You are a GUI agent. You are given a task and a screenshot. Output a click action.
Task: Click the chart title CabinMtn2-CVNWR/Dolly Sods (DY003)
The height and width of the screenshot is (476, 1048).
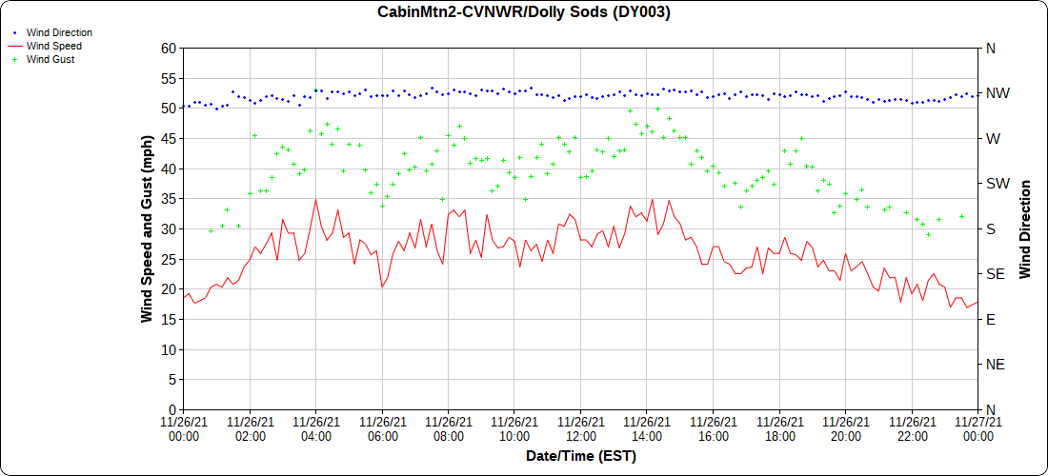tap(523, 12)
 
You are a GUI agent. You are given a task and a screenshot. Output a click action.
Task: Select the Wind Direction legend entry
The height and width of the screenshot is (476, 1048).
tap(59, 32)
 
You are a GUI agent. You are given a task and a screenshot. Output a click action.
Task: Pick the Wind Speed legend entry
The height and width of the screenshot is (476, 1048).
tap(53, 46)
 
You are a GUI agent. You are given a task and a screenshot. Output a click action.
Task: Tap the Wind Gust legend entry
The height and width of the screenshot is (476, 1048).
tap(50, 59)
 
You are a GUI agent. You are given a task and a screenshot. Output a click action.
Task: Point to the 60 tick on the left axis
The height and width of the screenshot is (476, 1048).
tap(169, 49)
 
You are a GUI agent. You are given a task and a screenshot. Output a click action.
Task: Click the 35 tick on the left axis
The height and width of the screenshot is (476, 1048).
tap(169, 199)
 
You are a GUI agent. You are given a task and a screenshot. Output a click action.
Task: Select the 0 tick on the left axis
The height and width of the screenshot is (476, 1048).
tap(172, 409)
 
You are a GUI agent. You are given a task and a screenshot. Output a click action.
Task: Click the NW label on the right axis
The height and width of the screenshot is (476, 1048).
tap(998, 93)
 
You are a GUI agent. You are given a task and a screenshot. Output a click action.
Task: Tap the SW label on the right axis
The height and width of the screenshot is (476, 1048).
tap(998, 184)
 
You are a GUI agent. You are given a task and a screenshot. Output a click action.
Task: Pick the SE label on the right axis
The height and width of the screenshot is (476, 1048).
tap(996, 274)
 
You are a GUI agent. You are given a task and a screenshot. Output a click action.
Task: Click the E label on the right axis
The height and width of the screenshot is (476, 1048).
tap(991, 319)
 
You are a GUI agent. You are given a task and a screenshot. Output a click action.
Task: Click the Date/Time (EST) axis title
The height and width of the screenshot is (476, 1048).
tap(580, 457)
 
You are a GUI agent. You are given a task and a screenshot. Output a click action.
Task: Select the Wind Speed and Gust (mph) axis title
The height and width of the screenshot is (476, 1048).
tap(147, 228)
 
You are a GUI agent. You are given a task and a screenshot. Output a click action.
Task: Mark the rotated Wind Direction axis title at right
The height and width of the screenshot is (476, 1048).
tap(1025, 228)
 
